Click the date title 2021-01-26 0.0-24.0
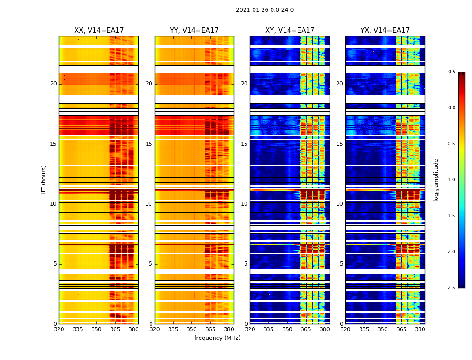coord(265,10)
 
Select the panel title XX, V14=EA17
coord(99,31)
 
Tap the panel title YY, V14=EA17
coord(194,31)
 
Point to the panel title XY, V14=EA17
coord(289,31)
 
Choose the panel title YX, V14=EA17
coord(385,31)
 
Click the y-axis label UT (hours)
coord(44,180)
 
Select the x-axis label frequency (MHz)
coord(217,338)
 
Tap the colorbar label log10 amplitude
coord(436,180)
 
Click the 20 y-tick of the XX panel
coord(53,84)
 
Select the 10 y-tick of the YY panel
coord(149,204)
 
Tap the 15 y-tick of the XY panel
coord(245,144)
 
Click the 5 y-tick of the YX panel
coord(341,264)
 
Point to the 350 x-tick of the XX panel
coord(97,329)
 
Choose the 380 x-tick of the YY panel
coord(229,329)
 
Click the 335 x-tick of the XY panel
coord(269,329)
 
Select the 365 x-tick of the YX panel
coord(401,329)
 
